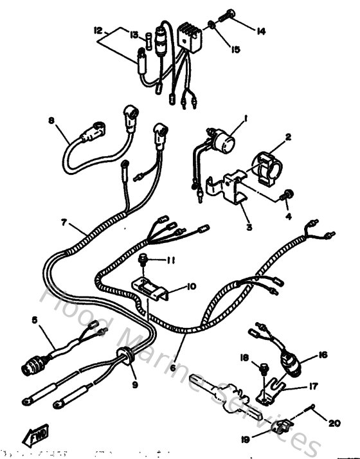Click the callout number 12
(x=98, y=30)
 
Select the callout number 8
(x=52, y=120)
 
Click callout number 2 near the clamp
(x=289, y=136)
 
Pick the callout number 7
(x=64, y=223)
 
